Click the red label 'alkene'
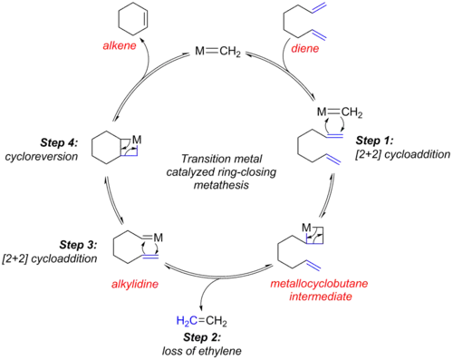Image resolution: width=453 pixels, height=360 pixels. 120,45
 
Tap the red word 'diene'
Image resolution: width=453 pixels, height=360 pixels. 305,48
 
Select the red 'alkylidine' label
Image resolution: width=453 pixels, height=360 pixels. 135,285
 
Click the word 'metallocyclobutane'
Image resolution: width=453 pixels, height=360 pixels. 319,284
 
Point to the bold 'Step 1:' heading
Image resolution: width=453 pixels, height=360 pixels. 374,141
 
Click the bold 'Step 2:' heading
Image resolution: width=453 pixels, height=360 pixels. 202,337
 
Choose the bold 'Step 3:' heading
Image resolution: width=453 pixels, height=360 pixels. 78,245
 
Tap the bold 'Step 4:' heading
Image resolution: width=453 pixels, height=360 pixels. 59,142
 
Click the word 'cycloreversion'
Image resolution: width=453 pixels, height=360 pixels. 42,157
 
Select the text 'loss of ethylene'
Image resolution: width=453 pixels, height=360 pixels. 202,351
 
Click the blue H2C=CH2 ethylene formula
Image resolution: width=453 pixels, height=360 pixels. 202,321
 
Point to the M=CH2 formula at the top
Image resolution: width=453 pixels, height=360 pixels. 217,52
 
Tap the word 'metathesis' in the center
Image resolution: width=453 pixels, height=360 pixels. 221,184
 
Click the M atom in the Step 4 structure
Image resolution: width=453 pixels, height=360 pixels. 137,140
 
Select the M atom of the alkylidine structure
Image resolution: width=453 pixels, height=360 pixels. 159,238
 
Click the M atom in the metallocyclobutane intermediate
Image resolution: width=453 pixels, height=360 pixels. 306,227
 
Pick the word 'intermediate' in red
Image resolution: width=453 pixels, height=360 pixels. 321,297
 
